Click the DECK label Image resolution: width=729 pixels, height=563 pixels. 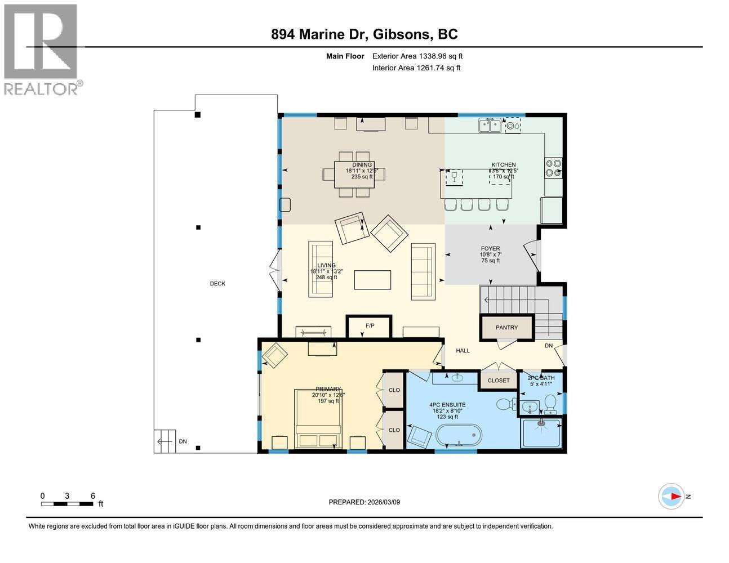tap(217, 284)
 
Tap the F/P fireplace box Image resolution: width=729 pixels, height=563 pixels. tap(370, 326)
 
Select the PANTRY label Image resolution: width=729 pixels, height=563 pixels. tap(506, 328)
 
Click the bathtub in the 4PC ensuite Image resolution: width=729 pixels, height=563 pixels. tap(459, 437)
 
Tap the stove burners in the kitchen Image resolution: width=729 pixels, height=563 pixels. tap(553, 168)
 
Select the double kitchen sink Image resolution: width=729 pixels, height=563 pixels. tap(490, 126)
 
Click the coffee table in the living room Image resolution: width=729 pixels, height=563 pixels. tap(372, 279)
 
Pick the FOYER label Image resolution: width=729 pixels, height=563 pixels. tap(490, 248)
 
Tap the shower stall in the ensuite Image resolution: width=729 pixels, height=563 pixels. tap(541, 433)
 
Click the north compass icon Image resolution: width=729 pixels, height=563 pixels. tap(672, 496)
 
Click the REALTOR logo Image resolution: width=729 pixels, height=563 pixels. tap(41, 50)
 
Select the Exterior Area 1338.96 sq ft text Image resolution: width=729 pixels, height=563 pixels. tap(417, 56)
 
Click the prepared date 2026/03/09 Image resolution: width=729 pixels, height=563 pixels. tap(364, 502)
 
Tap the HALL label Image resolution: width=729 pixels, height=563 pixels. tap(463, 351)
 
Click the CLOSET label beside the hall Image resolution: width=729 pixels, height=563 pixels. tap(498, 381)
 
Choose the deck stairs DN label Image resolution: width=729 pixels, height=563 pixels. tap(183, 441)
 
